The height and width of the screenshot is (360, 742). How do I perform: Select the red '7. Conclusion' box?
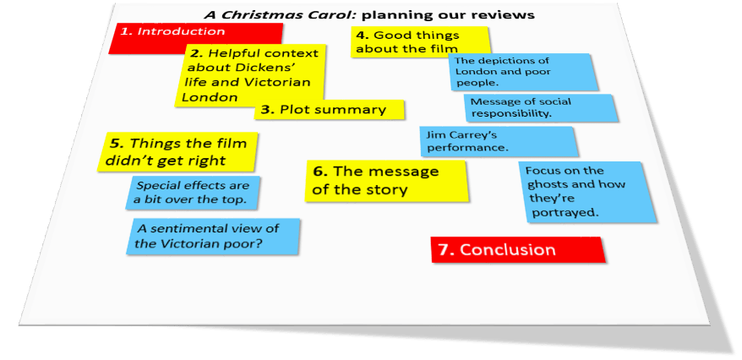coord(518,249)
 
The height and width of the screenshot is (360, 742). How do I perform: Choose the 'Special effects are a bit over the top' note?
coord(195,194)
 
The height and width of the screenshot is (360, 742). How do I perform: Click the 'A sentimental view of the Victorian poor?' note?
coord(216,236)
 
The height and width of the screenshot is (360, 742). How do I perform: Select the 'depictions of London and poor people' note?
coord(522,72)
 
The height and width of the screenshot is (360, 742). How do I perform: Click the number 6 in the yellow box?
coord(319,172)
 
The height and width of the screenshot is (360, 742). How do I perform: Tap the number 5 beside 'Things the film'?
coord(117,144)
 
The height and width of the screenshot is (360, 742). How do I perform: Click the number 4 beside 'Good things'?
coord(361,35)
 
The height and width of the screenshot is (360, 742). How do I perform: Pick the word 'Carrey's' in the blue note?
coord(465,134)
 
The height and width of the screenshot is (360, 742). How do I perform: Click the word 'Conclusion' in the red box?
coord(508,249)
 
